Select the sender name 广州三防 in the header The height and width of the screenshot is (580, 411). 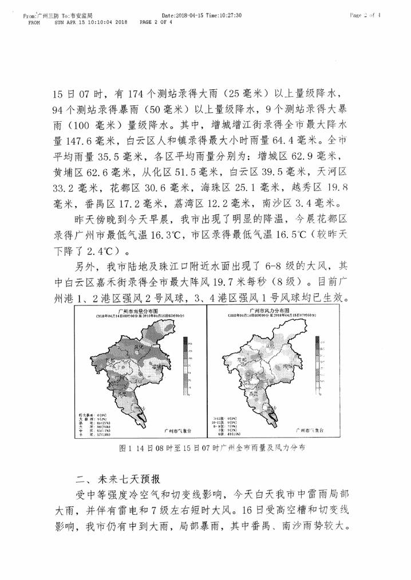coord(46,16)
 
